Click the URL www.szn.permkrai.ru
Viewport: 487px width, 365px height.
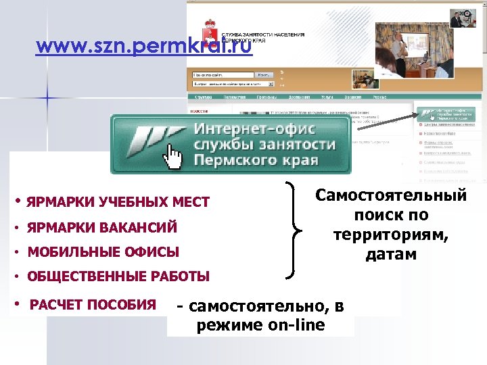143,47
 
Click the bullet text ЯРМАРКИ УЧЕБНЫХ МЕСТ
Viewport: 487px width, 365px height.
118,202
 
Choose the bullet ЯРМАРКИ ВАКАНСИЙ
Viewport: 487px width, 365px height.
102,228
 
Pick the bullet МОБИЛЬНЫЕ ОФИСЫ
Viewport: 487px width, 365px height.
103,253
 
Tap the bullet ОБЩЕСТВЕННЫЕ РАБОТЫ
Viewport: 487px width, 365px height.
118,277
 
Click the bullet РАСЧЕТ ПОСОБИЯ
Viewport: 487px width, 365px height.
93,304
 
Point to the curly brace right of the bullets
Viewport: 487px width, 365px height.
293,230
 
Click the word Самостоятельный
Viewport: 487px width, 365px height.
390,195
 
